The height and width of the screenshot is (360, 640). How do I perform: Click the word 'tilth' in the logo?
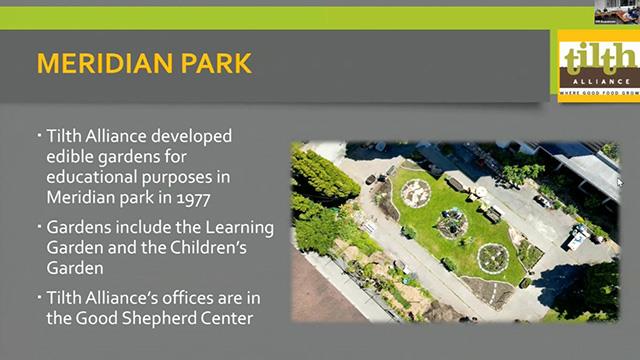pyautogui.click(x=598, y=59)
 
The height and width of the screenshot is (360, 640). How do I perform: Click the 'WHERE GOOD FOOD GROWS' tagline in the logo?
pyautogui.click(x=597, y=92)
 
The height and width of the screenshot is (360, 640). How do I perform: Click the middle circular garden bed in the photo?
pyautogui.click(x=452, y=224)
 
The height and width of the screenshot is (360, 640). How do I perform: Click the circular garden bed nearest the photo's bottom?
pyautogui.click(x=493, y=258)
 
